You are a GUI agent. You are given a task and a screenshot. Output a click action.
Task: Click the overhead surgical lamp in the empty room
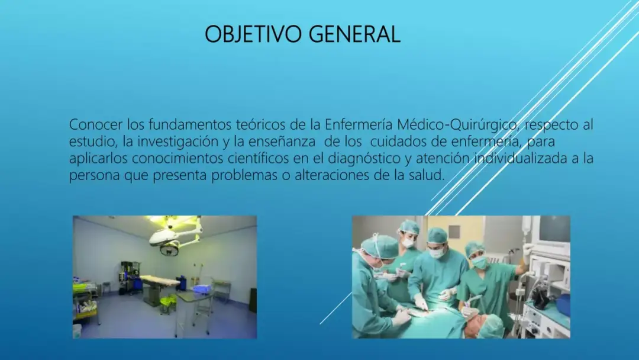coord(173,236)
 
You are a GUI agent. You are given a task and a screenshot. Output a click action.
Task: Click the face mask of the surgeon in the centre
coord(436,252)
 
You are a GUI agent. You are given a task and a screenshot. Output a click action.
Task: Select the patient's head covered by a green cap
coord(490,326)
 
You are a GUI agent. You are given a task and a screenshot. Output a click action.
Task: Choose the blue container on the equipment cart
coord(562,305)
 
